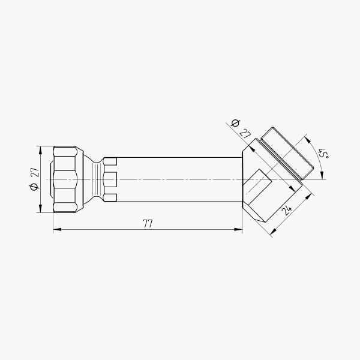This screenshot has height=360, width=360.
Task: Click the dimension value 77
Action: (148, 223)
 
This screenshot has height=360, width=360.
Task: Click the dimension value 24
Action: (287, 210)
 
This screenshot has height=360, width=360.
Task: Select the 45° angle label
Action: (323, 153)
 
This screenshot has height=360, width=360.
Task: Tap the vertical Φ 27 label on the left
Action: (34, 179)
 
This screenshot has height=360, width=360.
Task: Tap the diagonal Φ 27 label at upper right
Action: (241, 129)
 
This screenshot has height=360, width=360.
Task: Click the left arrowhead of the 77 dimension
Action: (57, 229)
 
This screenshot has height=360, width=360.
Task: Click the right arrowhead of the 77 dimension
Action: (238, 229)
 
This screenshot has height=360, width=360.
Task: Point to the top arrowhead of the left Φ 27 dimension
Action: (41, 150)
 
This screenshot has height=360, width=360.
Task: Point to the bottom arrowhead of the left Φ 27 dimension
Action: (41, 208)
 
